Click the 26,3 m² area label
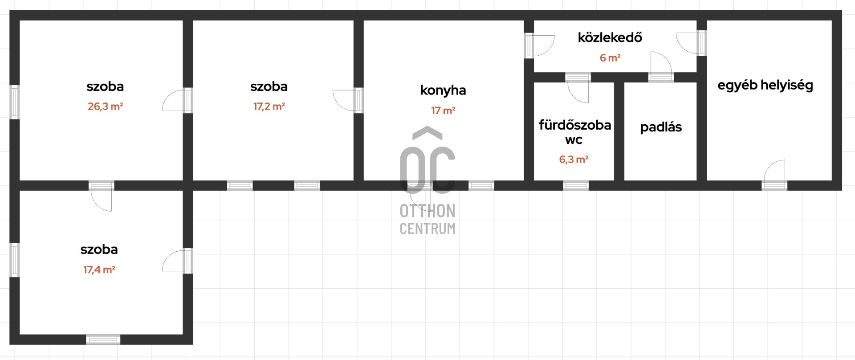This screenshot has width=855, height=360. tap(105, 106)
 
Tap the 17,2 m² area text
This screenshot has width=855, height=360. tap(269, 106)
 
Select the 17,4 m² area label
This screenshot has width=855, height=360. tap(99, 270)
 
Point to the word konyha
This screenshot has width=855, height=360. tap(443, 90)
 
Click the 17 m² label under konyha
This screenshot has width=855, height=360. tap(443, 110)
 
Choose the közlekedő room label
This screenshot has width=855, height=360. tap(610, 37)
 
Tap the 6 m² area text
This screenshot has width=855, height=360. tap(610, 58)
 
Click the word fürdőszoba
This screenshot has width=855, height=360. tap(575, 125)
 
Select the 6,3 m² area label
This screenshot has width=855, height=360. tap(574, 160)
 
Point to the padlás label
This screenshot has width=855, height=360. tap(661, 127)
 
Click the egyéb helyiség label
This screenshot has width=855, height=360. tap(765, 85)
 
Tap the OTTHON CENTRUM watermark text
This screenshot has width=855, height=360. tap(427, 219)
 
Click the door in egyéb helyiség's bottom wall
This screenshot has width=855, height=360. tap(774, 175)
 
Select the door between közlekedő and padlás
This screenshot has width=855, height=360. tap(661, 67)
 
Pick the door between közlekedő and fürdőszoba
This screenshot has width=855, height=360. tap(578, 88)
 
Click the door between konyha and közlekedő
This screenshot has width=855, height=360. tap(539, 45)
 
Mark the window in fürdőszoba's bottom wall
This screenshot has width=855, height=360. tap(576, 185)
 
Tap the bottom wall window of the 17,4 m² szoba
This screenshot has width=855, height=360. tap(103, 340)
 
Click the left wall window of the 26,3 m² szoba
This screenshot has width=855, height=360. tap(15, 102)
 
